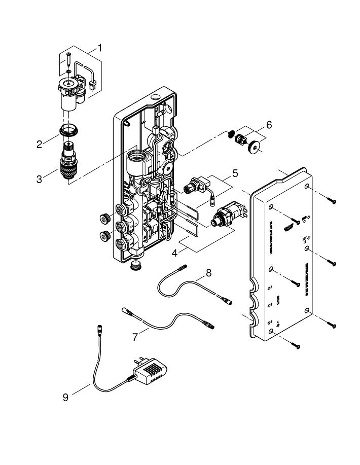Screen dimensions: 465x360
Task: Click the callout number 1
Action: coord(100,48)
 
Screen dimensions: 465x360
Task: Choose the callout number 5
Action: coord(235,172)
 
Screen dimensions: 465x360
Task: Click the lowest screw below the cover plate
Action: coord(296,346)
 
